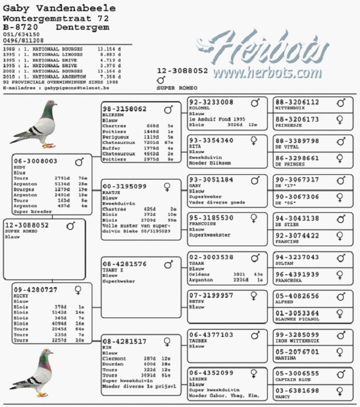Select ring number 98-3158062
124,109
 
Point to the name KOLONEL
199,108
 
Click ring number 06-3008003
36,160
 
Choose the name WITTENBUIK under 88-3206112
290,108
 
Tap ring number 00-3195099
124,185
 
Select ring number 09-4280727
36,289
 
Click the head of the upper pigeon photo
50,106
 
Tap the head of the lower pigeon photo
46,354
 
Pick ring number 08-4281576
124,264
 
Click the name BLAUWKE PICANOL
297,320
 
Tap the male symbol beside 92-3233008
255,102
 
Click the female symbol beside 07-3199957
255,295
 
